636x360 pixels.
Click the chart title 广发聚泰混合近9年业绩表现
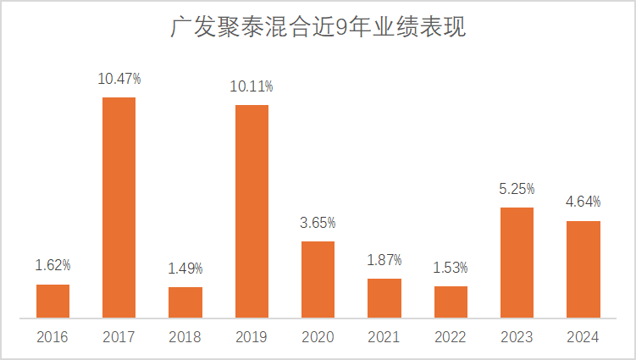point(318,28)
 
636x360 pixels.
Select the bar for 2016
point(53,302)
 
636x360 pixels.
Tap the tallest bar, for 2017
point(119,208)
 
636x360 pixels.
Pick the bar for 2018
point(185,302)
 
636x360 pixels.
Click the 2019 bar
point(252,212)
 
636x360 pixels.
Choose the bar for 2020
point(318,280)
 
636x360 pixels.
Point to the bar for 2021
point(384,298)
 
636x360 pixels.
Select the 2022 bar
point(451,302)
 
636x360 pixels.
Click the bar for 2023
point(517,263)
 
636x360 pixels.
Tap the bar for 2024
point(583,269)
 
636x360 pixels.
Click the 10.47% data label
point(119,79)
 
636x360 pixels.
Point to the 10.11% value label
point(252,86)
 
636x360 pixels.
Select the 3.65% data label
point(318,223)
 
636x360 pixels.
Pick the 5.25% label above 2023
point(517,189)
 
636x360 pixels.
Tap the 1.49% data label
point(185,269)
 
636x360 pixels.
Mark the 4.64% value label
point(583,202)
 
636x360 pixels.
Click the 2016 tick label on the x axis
point(53,337)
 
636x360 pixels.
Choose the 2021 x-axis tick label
point(384,337)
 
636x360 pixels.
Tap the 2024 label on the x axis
point(583,337)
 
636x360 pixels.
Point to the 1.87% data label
point(384,260)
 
